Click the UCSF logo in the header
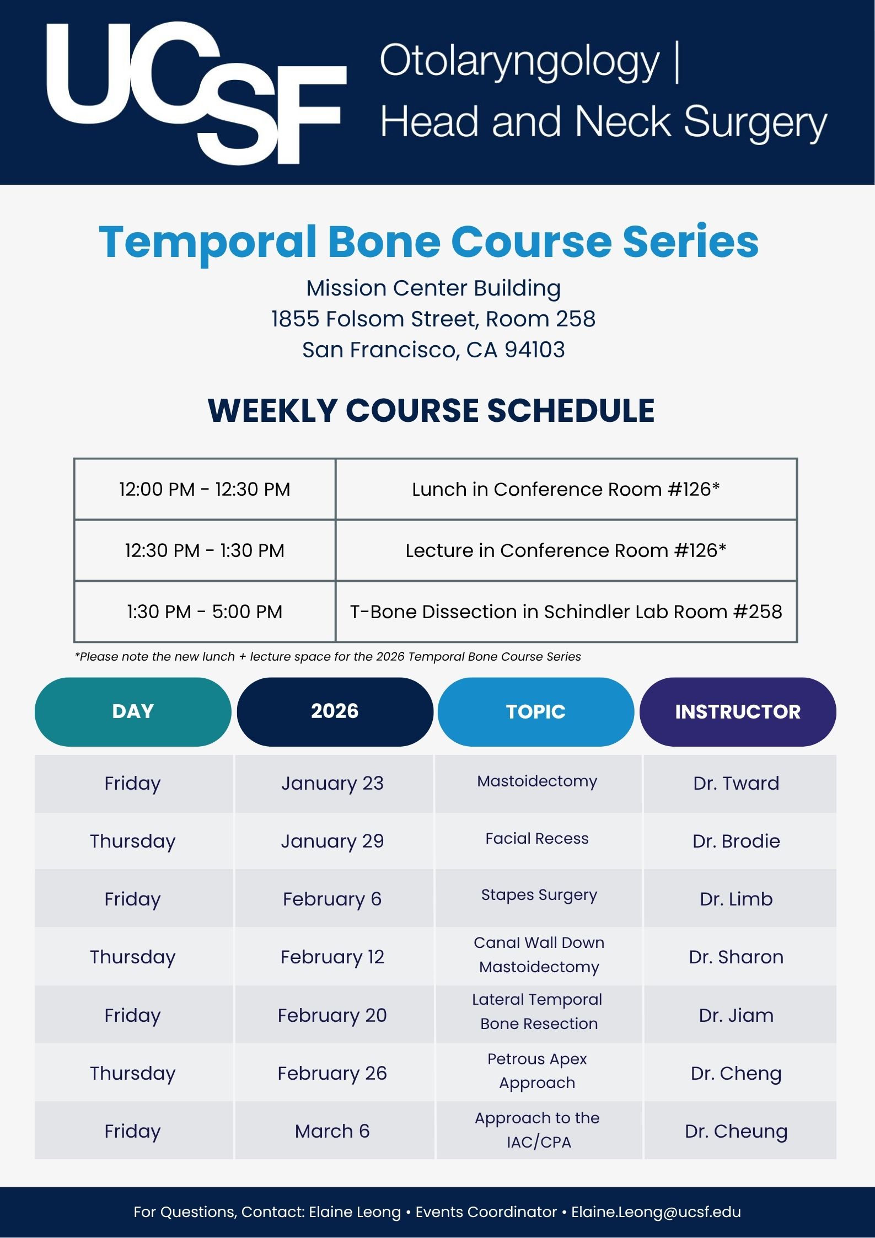(196, 93)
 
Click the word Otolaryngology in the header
(519, 61)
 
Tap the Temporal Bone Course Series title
(429, 242)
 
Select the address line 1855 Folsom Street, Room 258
(433, 319)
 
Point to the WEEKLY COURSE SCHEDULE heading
(431, 410)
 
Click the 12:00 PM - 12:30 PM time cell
(205, 489)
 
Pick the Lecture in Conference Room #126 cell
(566, 550)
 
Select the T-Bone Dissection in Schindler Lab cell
(566, 612)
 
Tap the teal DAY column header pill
(133, 711)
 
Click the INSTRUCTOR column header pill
(738, 711)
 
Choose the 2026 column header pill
(335, 711)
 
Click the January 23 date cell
(332, 783)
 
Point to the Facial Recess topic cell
(537, 839)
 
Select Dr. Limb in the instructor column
(736, 899)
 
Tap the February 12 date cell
(332, 957)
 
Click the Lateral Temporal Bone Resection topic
(538, 1011)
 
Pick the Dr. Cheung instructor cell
(736, 1131)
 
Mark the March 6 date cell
(332, 1131)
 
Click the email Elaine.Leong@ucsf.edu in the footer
(656, 1212)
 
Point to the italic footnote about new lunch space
(328, 657)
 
